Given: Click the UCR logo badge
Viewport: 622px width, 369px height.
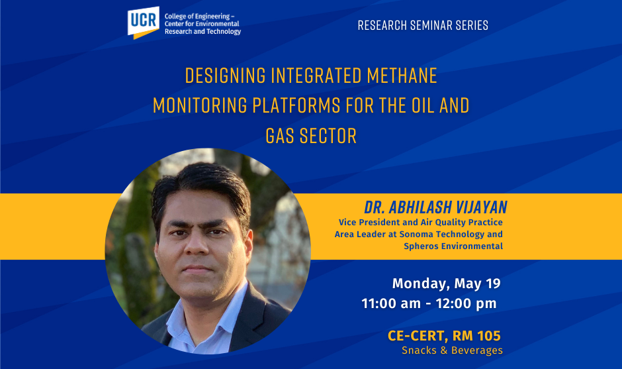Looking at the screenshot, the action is [143, 23].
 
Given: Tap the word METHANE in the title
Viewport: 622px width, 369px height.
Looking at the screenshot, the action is [402, 76].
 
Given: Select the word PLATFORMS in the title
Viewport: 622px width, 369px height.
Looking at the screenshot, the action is [296, 105].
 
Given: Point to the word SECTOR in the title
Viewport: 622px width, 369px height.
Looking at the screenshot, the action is [328, 136].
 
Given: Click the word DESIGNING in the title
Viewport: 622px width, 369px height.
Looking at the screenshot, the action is [226, 76].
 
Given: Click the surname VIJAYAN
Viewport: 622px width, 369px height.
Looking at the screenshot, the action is [482, 207].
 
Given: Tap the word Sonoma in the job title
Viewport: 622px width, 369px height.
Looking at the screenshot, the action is [416, 235].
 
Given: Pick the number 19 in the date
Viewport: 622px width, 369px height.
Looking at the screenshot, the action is [493, 284].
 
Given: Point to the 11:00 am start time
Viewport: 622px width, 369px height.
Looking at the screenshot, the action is [390, 303].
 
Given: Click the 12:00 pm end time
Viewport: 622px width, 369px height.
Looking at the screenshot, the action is [466, 304].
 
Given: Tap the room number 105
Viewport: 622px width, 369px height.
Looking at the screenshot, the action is [489, 336].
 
